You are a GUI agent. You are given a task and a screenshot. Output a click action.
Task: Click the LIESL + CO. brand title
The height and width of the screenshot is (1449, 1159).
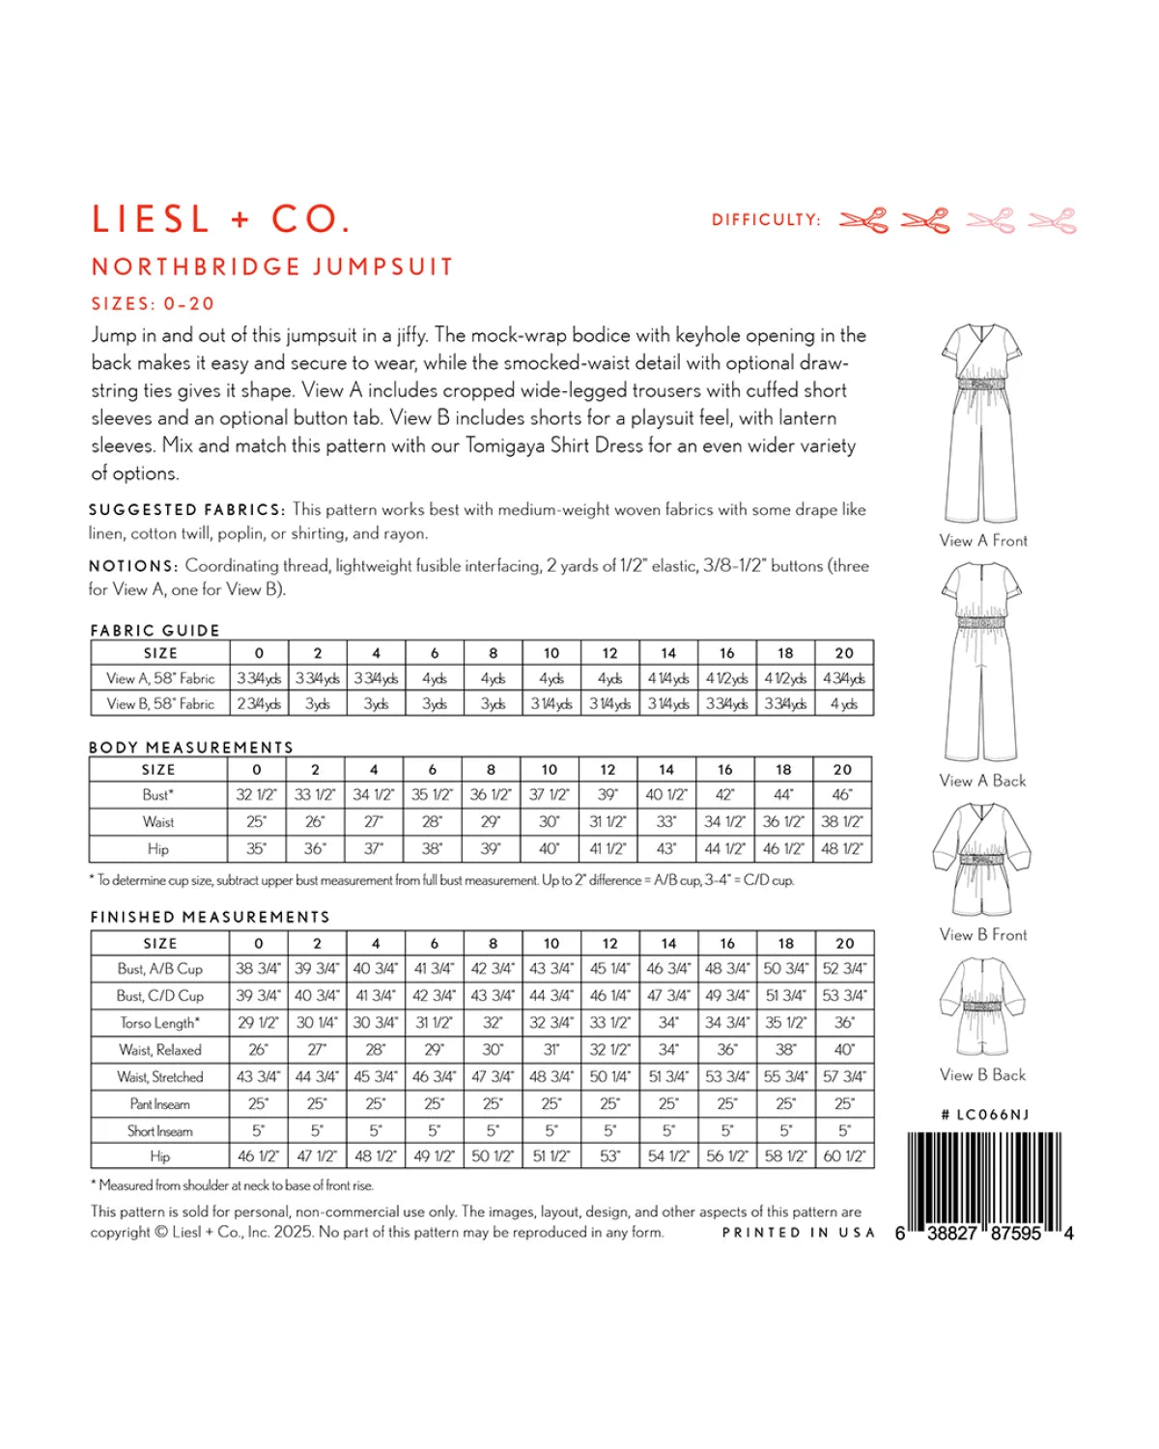pyautogui.click(x=220, y=219)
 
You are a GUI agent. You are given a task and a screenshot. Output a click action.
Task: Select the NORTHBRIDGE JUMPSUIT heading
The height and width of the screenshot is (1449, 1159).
pyautogui.click(x=271, y=267)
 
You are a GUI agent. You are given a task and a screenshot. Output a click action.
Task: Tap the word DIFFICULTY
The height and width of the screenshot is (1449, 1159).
pyautogui.click(x=766, y=220)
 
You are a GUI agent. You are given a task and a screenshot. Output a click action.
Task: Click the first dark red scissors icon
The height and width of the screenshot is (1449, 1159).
pyautogui.click(x=863, y=221)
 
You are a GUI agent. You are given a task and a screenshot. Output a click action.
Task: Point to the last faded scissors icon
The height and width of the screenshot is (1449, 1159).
pyautogui.click(x=1052, y=221)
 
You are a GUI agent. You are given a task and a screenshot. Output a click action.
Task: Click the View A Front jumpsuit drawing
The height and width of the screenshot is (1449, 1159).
pyautogui.click(x=982, y=423)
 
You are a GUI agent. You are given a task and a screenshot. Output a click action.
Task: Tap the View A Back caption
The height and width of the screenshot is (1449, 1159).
pyautogui.click(x=982, y=781)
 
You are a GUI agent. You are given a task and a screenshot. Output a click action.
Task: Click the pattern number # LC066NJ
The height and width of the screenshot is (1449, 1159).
pyautogui.click(x=984, y=1115)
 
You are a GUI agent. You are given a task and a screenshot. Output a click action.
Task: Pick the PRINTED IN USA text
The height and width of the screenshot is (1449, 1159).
pyautogui.click(x=798, y=1233)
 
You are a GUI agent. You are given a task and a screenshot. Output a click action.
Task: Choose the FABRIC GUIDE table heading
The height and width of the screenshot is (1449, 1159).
pyautogui.click(x=155, y=631)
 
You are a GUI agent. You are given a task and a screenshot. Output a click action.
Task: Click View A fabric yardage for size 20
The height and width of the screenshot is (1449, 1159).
pyautogui.click(x=844, y=678)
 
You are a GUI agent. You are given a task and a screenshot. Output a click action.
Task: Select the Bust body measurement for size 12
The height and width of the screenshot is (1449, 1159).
pyautogui.click(x=608, y=795)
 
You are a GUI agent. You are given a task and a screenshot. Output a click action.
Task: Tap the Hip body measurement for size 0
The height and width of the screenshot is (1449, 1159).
pyautogui.click(x=256, y=849)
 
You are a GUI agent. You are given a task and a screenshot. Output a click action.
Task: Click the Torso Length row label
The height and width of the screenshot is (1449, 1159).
pyautogui.click(x=159, y=1023)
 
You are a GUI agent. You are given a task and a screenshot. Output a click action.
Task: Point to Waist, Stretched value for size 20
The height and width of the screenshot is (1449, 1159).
pyautogui.click(x=844, y=1077)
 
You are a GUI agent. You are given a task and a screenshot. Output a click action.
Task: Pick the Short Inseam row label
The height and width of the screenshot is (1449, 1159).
pyautogui.click(x=159, y=1131)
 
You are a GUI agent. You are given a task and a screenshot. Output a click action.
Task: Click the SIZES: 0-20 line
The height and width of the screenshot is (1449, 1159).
pyautogui.click(x=153, y=303)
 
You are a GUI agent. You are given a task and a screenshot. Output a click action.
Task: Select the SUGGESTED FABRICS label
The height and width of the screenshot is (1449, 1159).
pyautogui.click(x=186, y=510)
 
